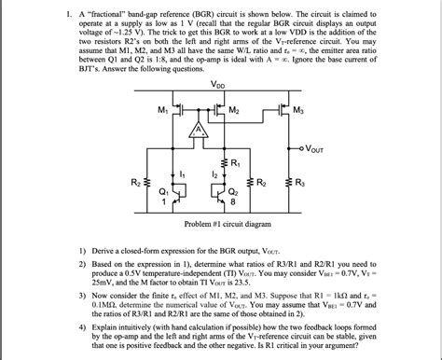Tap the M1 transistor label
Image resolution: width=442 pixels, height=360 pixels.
click(164, 111)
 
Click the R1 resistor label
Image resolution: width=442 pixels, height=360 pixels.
click(236, 164)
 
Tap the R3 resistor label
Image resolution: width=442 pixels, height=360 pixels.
click(297, 183)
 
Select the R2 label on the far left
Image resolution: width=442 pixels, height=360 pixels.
click(135, 183)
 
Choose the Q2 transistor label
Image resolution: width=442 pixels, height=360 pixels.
click(233, 191)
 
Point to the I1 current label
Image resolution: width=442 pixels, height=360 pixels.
click(181, 173)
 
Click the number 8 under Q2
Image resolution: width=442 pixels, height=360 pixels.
click(234, 201)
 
